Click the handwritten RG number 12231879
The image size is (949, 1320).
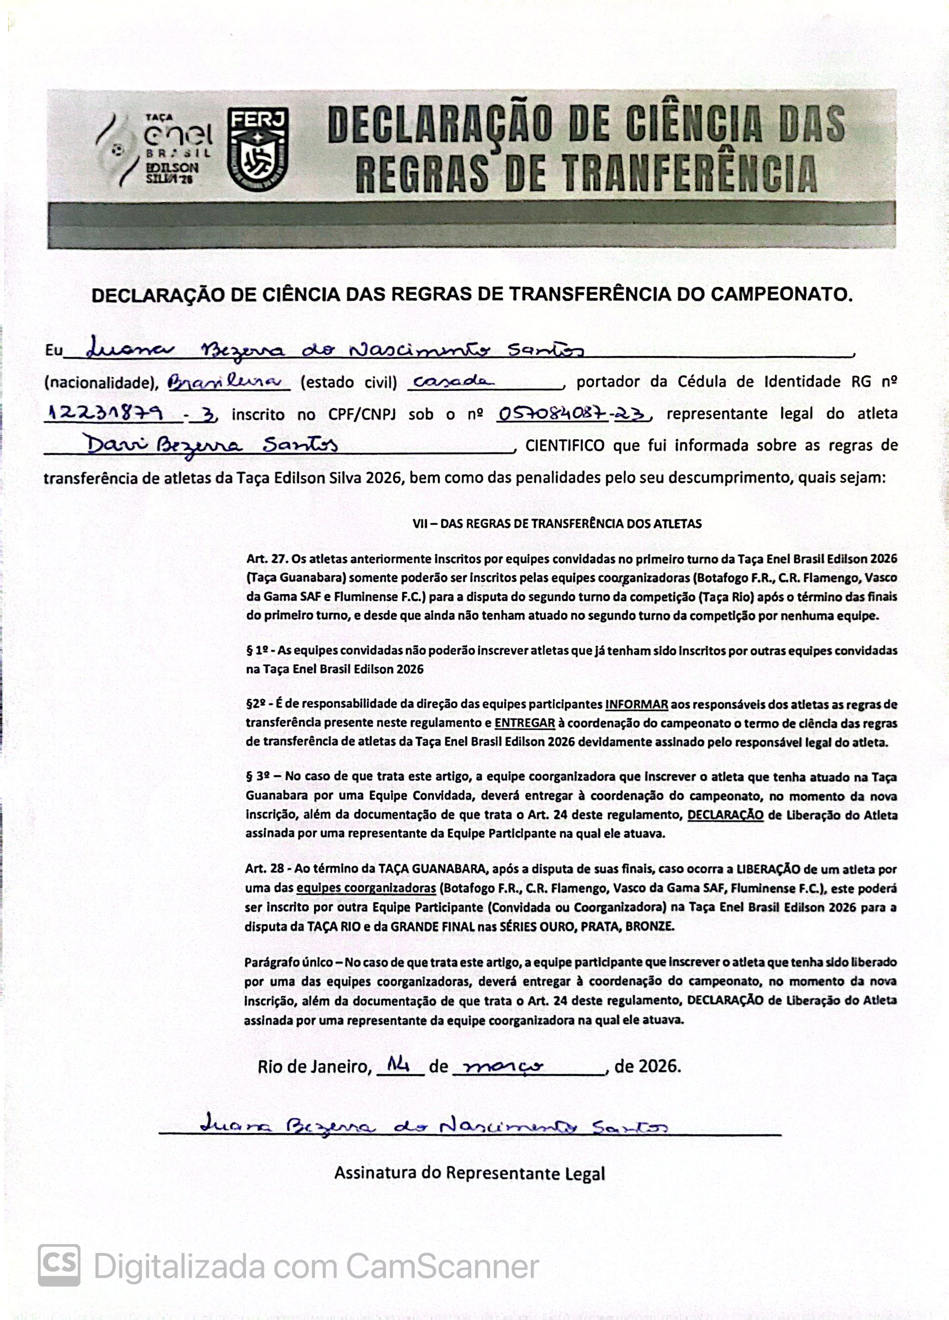point(112,413)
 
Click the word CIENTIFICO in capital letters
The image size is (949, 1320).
point(564,446)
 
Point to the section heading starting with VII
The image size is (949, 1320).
point(557,523)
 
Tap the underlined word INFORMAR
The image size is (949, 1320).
point(636,704)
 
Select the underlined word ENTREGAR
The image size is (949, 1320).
point(525,724)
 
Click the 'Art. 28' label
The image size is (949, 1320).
point(264,869)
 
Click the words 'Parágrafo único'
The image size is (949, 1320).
point(288,962)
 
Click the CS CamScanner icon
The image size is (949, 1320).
point(59,1265)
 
